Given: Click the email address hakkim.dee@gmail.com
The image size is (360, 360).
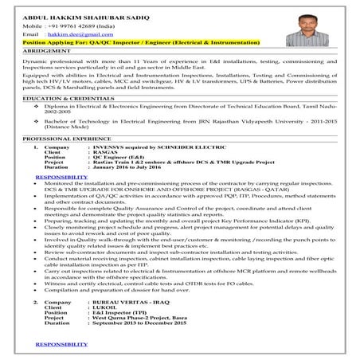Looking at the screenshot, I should (74, 36).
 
